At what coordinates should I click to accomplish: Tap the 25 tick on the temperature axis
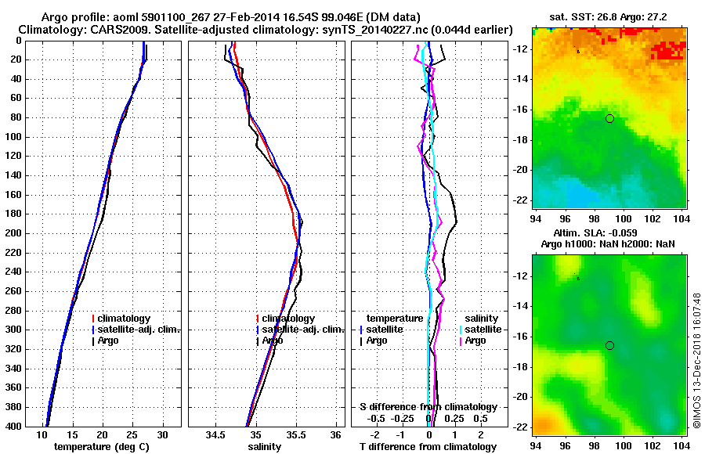point(132,435)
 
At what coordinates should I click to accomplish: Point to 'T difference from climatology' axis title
point(428,447)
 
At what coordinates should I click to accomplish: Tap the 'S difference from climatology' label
point(428,407)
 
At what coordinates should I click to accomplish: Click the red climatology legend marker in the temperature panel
point(93,319)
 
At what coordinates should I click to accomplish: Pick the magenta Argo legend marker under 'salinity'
point(460,340)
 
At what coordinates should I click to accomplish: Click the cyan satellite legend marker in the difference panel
point(460,330)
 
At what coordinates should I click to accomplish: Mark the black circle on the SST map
point(609,118)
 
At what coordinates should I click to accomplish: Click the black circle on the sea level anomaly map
point(609,345)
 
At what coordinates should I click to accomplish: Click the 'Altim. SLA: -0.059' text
point(609,234)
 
